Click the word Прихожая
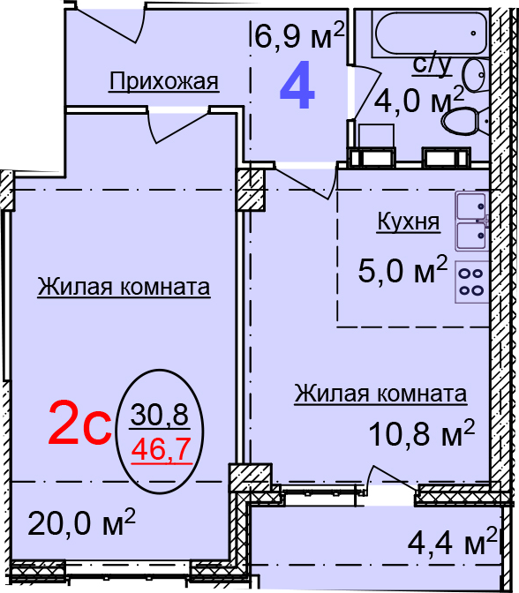[x=164, y=81]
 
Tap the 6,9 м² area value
[x=299, y=34]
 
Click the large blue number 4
[x=297, y=86]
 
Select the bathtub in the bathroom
[x=431, y=33]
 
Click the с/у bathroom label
[x=432, y=65]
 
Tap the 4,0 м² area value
[x=418, y=100]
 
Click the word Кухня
[x=409, y=221]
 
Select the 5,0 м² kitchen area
[x=402, y=269]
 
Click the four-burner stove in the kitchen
[x=471, y=281]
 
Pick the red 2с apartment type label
[x=80, y=422]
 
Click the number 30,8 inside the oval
[x=160, y=414]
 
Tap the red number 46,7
[x=161, y=449]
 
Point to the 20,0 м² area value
[x=82, y=522]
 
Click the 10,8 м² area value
[x=421, y=432]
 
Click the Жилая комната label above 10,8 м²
[x=380, y=394]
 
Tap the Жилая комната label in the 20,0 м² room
[x=124, y=287]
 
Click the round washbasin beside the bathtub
[x=475, y=74]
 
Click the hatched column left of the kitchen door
[x=251, y=190]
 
